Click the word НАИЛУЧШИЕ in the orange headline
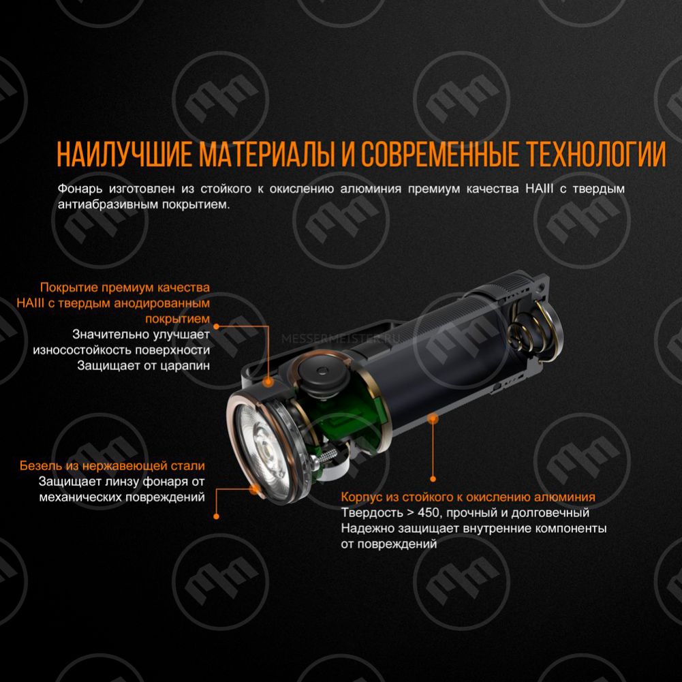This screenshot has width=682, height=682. [125, 154]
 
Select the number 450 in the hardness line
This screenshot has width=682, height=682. [430, 513]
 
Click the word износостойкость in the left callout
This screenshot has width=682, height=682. [81, 350]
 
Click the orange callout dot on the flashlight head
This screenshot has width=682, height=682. [269, 382]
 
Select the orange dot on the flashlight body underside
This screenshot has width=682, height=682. [433, 419]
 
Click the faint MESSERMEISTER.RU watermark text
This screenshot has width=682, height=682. [341, 339]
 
